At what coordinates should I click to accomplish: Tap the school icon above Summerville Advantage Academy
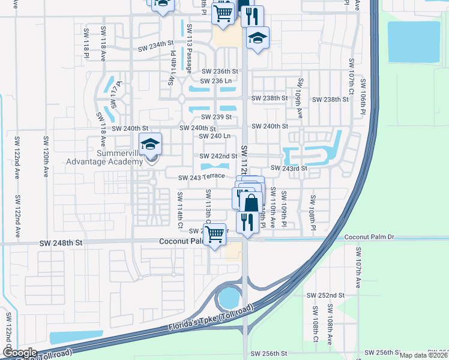[151, 145]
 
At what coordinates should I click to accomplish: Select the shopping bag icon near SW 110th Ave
[251, 203]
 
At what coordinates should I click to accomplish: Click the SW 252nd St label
[325, 295]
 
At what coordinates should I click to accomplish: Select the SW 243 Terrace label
[201, 176]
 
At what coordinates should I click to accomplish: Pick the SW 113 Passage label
[189, 49]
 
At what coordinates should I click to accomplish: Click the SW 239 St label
[215, 117]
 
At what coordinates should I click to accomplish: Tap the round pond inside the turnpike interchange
[229, 297]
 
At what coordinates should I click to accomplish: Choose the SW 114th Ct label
[179, 210]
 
